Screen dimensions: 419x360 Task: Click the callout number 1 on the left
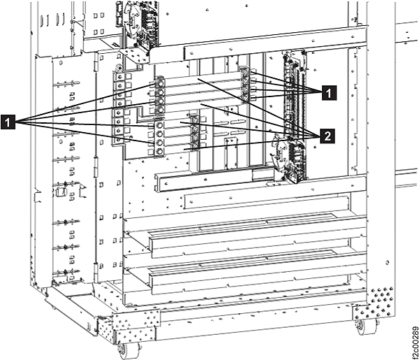(8, 122)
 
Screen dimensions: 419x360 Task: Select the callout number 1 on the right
(329, 93)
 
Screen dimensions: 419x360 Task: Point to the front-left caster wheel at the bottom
(123, 351)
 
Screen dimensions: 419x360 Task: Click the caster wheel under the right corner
(361, 326)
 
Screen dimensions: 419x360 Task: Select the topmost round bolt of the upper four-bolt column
(161, 83)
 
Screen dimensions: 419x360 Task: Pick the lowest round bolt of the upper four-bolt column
(161, 109)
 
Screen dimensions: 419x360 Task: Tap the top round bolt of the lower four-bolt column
(160, 125)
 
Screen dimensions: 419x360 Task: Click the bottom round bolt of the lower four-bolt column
(160, 151)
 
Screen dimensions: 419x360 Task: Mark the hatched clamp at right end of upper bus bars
(245, 85)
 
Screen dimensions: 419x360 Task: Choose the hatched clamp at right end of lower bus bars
(195, 132)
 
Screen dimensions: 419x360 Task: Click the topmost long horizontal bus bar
(203, 78)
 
